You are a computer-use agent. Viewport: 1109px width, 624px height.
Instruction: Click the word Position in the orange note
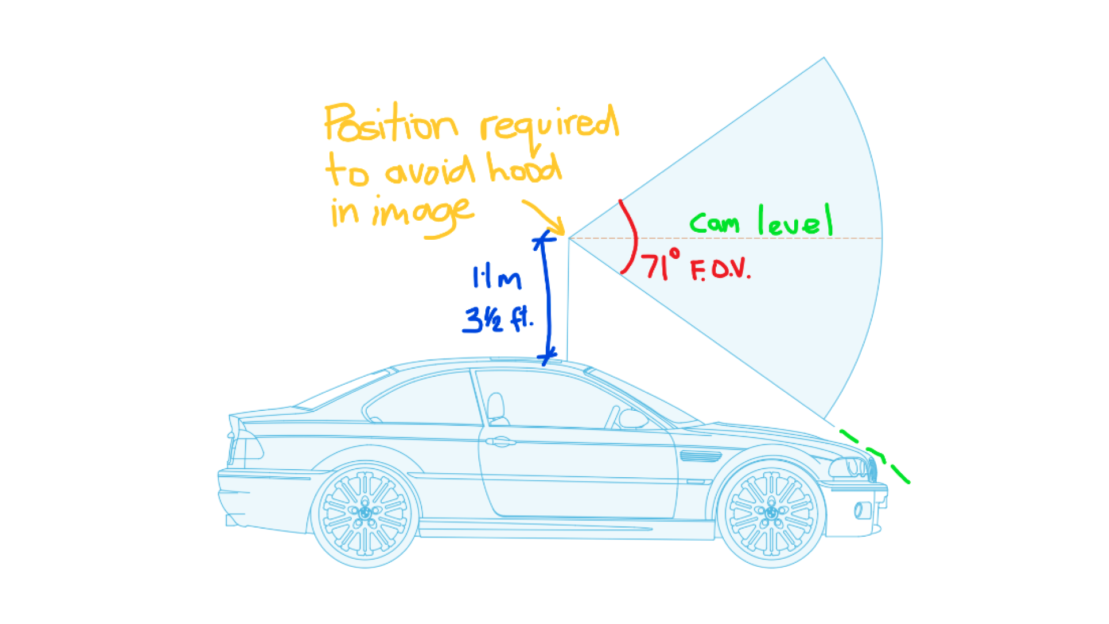(391, 123)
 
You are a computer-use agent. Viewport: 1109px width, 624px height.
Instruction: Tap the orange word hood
(524, 168)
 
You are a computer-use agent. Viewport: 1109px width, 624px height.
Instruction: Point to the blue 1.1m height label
(497, 278)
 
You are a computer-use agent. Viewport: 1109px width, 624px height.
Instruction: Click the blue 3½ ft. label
(498, 319)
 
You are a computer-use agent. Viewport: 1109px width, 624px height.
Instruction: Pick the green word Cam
(714, 222)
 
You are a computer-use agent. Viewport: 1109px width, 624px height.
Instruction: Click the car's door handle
(500, 442)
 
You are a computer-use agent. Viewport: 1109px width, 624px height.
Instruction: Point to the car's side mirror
(633, 418)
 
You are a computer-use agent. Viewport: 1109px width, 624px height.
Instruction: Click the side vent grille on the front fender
(701, 456)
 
